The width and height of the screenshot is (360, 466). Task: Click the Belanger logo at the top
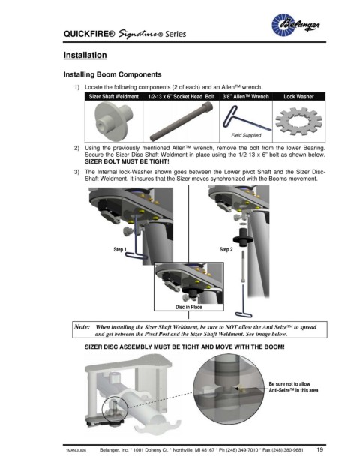295,25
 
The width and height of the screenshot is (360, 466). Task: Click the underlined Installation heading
85,56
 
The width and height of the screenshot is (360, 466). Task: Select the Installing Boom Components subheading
112,74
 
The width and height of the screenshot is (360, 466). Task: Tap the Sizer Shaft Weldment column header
114,96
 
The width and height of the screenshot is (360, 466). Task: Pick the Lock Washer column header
298,96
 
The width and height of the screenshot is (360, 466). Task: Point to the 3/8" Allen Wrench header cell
246,96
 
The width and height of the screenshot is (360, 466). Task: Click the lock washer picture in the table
298,121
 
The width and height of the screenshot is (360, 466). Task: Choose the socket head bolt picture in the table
181,121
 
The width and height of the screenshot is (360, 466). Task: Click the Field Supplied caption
246,135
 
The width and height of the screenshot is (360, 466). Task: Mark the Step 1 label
120,249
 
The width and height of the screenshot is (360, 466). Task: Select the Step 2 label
226,249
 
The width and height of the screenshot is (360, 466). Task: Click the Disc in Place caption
188,307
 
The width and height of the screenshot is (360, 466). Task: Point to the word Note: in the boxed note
82,327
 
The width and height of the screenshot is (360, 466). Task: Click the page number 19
320,449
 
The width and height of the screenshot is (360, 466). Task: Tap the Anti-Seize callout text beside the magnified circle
293,387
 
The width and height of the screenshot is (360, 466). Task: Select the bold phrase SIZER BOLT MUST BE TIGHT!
127,161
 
